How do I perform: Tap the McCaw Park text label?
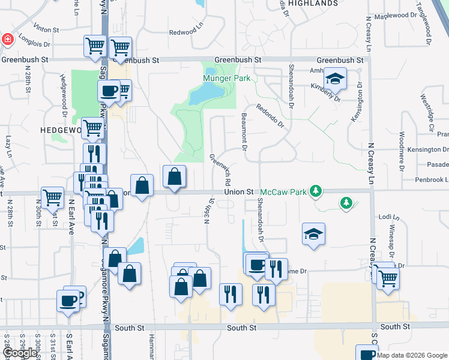[282, 193]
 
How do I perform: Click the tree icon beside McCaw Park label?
[315, 192]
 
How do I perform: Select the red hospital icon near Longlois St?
[7, 40]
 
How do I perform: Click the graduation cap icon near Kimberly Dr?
[335, 79]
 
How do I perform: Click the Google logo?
[19, 353]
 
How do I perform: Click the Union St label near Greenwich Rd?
[238, 192]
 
